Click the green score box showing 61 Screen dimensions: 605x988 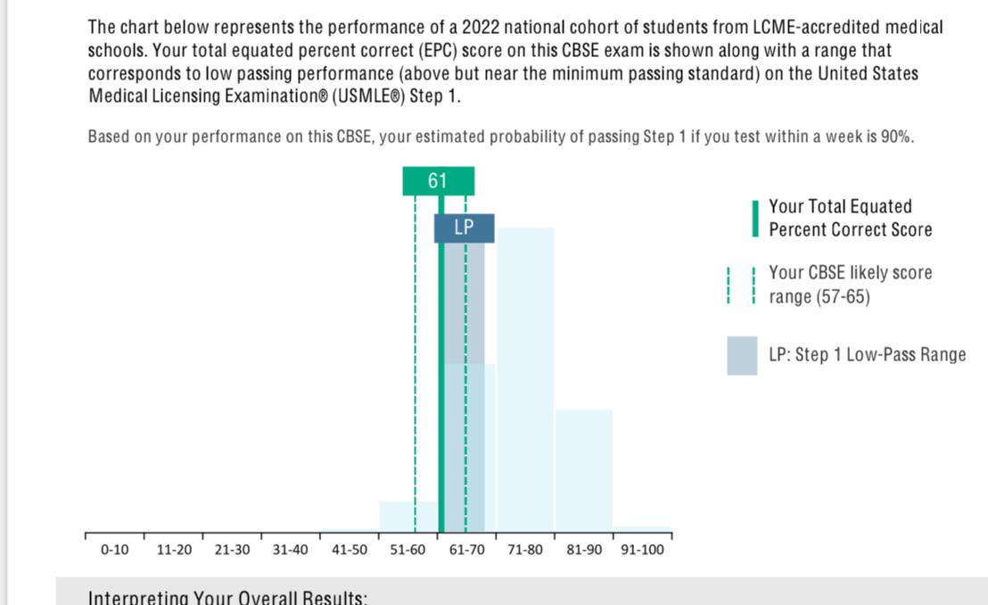click(438, 181)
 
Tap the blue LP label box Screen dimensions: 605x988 click(464, 228)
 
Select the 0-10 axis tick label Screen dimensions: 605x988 click(114, 550)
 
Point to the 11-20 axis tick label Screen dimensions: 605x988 click(174, 550)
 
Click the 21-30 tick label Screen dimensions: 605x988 click(233, 550)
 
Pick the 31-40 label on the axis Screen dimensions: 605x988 click(291, 550)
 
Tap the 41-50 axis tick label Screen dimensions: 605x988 click(350, 550)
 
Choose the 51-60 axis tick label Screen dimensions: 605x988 click(408, 550)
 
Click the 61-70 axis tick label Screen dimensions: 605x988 click(466, 550)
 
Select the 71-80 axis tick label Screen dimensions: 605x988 click(525, 550)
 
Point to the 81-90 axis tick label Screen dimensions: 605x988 click(584, 550)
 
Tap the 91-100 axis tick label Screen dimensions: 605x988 click(642, 550)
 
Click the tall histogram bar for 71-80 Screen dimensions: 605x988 click(525, 375)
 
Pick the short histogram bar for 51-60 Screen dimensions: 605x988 click(408, 518)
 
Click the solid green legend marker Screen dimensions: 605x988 click(754, 219)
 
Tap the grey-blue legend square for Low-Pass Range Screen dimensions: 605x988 click(742, 355)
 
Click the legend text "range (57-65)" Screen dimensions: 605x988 click(819, 296)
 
